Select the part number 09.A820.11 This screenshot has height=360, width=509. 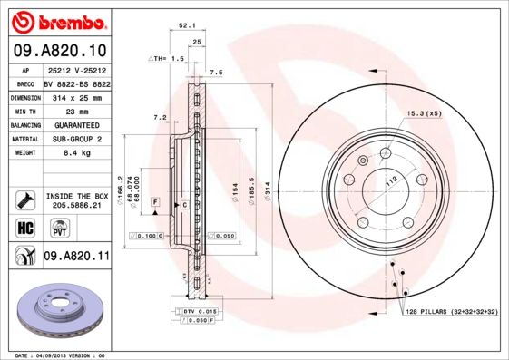pos(76,257)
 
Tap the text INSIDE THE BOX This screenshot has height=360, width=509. pos(76,196)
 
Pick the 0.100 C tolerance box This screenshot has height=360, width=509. pos(148,236)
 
